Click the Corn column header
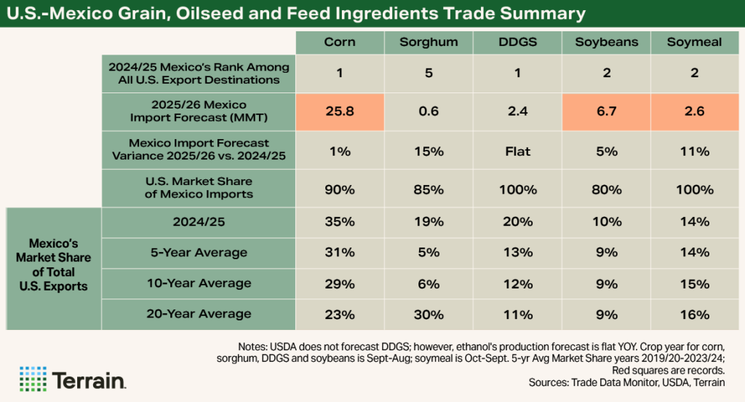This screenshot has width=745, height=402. click(x=340, y=42)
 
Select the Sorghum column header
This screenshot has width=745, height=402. click(x=429, y=42)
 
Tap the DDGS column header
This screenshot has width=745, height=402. click(x=518, y=42)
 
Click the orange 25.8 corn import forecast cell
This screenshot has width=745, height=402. click(x=340, y=111)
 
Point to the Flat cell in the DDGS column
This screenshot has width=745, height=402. click(x=518, y=151)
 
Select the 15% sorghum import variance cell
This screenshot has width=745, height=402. click(x=429, y=151)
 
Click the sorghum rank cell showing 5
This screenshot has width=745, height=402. click(x=429, y=73)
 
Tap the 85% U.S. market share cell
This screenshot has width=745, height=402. click(x=429, y=189)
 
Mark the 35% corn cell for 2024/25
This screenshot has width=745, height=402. click(x=340, y=222)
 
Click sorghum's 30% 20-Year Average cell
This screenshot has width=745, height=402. click(x=429, y=315)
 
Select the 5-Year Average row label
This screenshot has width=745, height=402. click(x=199, y=253)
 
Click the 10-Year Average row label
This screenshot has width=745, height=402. click(x=199, y=283)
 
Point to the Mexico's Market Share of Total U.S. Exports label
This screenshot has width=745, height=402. click(x=53, y=264)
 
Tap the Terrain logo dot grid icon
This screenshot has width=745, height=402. click(x=33, y=379)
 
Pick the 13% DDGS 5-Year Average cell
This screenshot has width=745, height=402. click(x=518, y=253)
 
